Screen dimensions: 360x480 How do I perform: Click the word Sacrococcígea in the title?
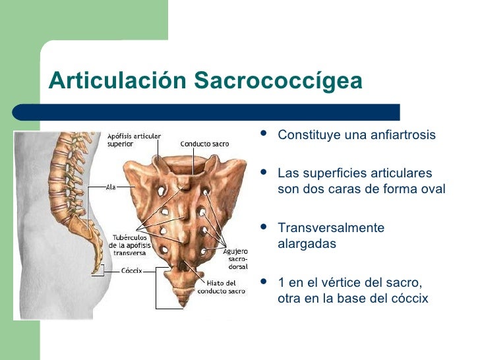click(278, 82)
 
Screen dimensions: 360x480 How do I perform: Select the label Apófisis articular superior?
click(134, 140)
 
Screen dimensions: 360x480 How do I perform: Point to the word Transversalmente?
click(330, 228)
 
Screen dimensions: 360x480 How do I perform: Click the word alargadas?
click(307, 244)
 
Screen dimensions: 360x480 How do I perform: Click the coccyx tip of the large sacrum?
click(180, 304)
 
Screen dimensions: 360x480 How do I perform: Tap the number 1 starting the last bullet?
click(282, 283)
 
